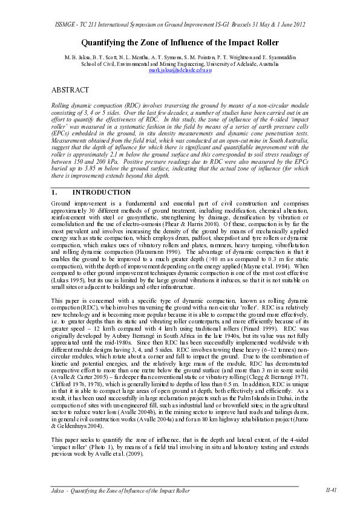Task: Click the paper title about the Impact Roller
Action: pyautogui.click(x=180, y=43)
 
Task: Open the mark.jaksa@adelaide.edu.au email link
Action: pyautogui.click(x=180, y=70)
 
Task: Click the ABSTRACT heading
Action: pyautogui.click(x=71, y=89)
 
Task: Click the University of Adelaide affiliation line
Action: pyautogui.click(x=180, y=62)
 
